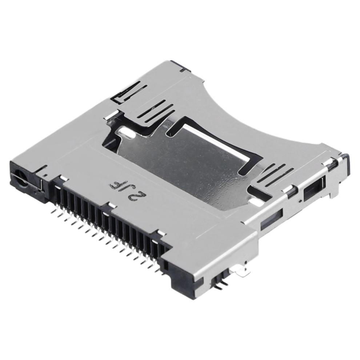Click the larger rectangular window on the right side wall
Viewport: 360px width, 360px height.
point(313,188)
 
